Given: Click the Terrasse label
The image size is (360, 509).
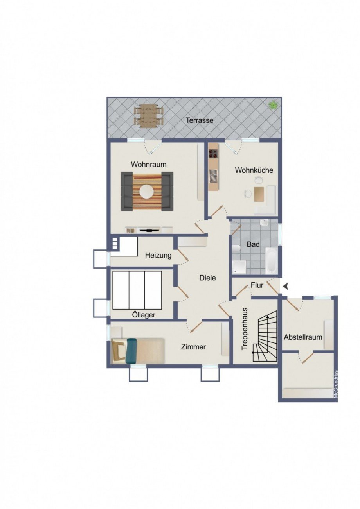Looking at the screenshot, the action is [x=200, y=120].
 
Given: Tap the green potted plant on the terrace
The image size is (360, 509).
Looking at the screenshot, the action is [x=273, y=105].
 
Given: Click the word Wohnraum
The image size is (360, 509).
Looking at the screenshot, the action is [x=149, y=164].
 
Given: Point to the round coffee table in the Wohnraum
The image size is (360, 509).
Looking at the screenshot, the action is [x=147, y=191].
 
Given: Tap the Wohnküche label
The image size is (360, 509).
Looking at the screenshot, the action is [x=254, y=170].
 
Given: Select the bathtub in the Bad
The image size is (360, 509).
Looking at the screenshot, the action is [x=271, y=261].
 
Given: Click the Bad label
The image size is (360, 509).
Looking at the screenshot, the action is [x=253, y=244].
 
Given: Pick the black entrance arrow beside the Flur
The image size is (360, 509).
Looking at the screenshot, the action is [x=286, y=287].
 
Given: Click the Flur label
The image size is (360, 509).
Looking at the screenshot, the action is [x=257, y=285].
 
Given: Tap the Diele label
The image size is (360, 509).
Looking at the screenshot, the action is [x=207, y=278].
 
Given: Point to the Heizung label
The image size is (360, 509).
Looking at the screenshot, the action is [x=158, y=256].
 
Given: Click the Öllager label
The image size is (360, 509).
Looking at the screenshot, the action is [x=144, y=315].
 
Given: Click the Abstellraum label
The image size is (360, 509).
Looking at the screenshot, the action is [x=303, y=337].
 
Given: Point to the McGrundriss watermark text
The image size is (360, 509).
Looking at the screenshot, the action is [x=336, y=384].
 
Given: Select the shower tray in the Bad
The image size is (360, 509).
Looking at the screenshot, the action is [x=239, y=267].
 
